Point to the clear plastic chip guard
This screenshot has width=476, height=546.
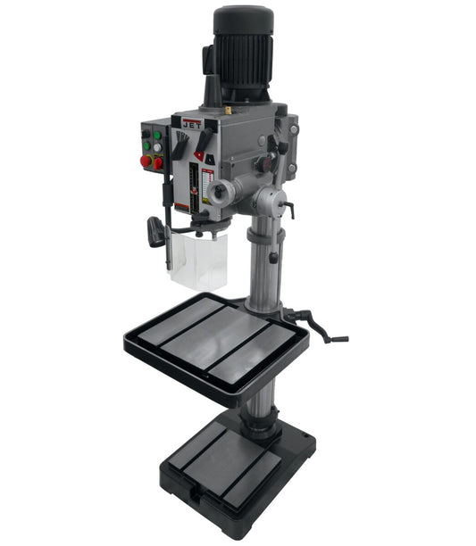click(198, 261)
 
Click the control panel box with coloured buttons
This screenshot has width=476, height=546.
click(153, 147)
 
